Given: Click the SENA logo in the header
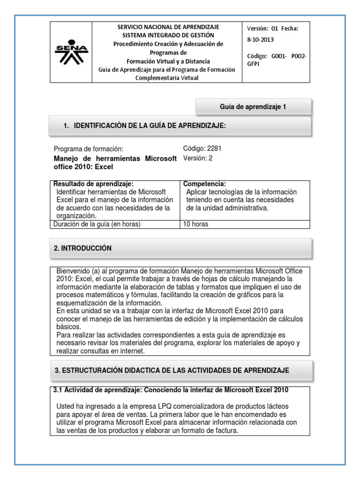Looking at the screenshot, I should pyautogui.click(x=72, y=52).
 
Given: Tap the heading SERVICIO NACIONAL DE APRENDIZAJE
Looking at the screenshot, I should pyautogui.click(x=168, y=27).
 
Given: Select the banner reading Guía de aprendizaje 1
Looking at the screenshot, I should pyautogui.click(x=253, y=107).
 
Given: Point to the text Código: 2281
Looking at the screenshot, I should pyautogui.click(x=202, y=149).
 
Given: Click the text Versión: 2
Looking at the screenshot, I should pyautogui.click(x=198, y=158).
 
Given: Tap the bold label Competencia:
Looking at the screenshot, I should pyautogui.click(x=205, y=184).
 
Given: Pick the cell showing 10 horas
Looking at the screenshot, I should pyautogui.click(x=196, y=224).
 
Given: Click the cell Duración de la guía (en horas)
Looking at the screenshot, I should pyautogui.click(x=97, y=224).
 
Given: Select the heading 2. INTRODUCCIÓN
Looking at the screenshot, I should pyautogui.click(x=83, y=248).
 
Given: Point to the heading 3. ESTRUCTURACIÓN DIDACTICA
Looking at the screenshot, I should pyautogui.click(x=172, y=370).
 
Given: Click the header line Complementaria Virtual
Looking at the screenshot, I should pyautogui.click(x=168, y=78).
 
